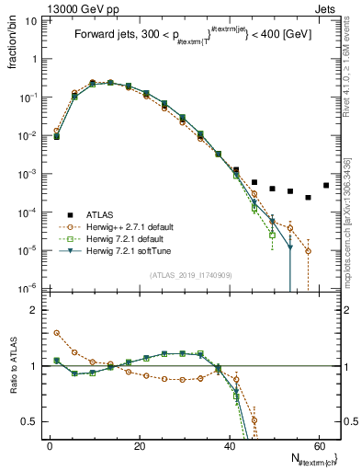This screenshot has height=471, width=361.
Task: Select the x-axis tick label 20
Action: point(139,445)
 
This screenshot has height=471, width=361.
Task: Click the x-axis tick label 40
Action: point(229,445)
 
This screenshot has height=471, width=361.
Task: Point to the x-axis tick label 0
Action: point(50,445)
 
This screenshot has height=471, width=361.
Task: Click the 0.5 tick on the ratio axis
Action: point(30,421)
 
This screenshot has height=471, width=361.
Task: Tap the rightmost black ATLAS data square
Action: point(326,185)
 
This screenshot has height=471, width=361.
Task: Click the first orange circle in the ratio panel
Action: point(57,333)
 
